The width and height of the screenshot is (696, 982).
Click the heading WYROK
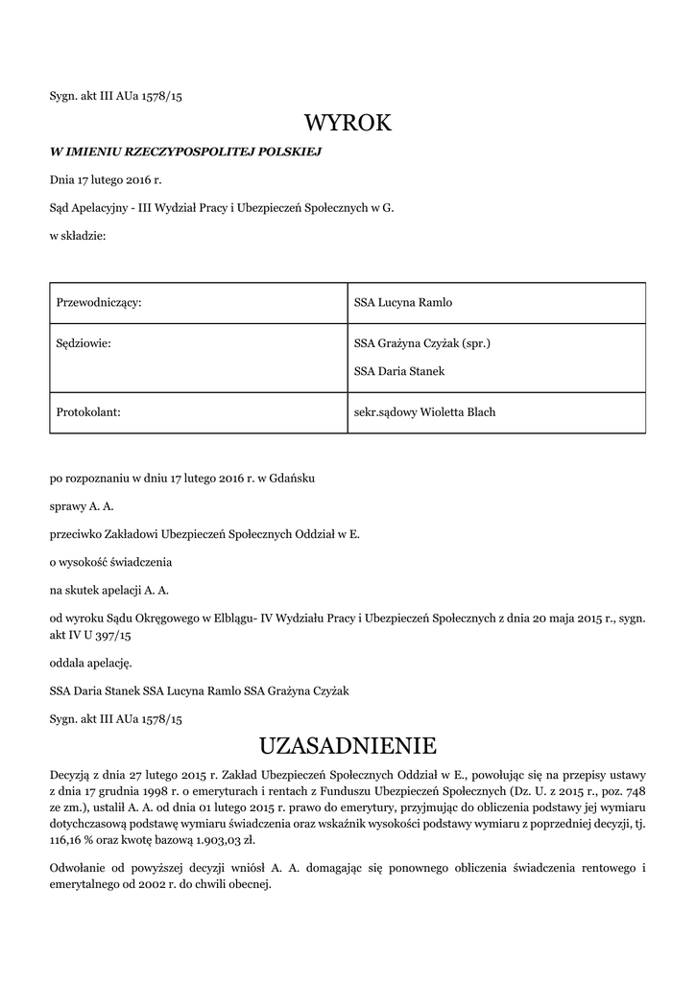[x=348, y=123]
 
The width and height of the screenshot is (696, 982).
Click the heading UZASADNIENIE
[x=348, y=745]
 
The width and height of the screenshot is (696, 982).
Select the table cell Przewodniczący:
[x=99, y=302]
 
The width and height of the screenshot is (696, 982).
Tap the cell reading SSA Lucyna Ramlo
[x=402, y=302]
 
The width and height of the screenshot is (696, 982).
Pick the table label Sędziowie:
[x=84, y=342]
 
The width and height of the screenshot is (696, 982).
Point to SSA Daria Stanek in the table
[x=398, y=371]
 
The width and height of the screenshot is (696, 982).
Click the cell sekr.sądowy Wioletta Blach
[x=424, y=412]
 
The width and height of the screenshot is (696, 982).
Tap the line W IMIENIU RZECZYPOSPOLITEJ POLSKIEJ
[x=185, y=152]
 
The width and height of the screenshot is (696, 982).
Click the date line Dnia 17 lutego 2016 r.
[x=106, y=179]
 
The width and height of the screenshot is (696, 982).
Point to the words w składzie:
[x=78, y=235]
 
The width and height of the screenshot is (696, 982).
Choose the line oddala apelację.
[x=91, y=662]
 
